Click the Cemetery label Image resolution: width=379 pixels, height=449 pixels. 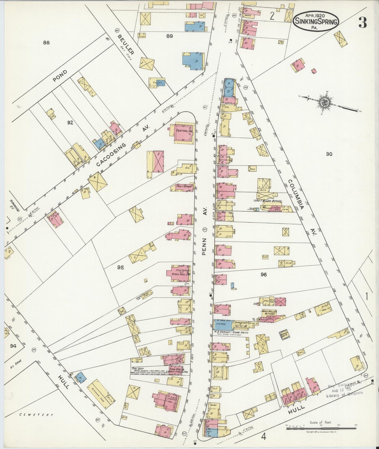36,415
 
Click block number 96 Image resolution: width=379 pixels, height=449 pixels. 264,275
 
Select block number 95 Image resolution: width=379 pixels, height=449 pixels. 120,267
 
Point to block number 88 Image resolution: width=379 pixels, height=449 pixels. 46,42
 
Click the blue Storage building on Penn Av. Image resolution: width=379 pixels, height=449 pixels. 222,325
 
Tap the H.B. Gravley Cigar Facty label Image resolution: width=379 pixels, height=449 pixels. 231,332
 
